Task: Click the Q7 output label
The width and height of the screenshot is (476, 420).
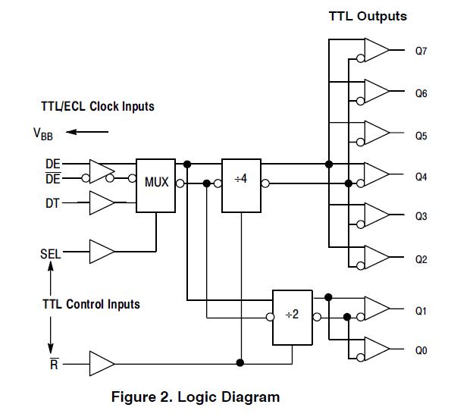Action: [x=421, y=51]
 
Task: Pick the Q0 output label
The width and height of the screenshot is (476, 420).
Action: [x=421, y=350]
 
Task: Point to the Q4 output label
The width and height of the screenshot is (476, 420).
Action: [x=421, y=177]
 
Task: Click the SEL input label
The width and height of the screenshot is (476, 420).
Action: [x=50, y=254]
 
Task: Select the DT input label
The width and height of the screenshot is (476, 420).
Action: [x=52, y=203]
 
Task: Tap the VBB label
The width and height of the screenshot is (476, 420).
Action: [x=42, y=134]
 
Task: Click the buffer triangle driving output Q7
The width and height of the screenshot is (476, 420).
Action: [x=377, y=50]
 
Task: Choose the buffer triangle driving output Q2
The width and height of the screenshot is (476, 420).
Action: [x=377, y=257]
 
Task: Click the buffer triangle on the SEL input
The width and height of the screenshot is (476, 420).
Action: [x=102, y=252]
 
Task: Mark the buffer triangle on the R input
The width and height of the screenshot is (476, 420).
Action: [x=102, y=363]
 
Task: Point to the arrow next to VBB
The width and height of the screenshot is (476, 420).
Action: [x=87, y=132]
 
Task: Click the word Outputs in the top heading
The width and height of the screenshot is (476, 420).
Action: [x=382, y=17]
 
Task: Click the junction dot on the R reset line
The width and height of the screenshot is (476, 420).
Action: [x=240, y=362]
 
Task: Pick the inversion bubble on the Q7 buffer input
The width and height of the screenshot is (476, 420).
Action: [x=360, y=58]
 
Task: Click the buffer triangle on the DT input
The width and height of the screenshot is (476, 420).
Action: [x=102, y=202]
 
